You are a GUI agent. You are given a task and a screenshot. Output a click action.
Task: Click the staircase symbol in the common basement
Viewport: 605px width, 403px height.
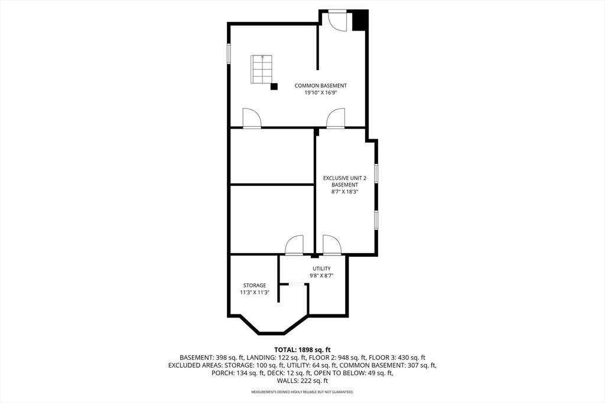262,70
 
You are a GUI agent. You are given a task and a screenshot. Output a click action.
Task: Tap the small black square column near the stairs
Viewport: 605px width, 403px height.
274,87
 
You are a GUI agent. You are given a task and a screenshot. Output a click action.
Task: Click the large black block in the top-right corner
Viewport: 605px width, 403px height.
360,21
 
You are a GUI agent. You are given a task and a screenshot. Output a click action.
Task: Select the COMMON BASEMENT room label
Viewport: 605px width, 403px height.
321,86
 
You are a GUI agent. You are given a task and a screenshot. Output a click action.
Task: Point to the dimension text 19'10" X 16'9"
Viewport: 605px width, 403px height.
321,93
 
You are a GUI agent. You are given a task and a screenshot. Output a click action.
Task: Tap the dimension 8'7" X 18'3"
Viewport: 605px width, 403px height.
344,192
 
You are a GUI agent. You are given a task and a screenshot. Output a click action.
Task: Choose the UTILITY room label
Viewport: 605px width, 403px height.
321,268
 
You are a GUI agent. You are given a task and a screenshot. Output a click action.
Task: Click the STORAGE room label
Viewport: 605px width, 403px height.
255,286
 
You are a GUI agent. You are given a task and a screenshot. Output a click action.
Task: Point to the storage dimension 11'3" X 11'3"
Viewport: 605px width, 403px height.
255,293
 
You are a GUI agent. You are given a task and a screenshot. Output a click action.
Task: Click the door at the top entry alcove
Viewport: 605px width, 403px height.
337,20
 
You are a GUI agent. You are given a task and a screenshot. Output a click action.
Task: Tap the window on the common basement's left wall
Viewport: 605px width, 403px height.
229,53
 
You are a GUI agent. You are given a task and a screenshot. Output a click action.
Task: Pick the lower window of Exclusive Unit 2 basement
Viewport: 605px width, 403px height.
376,219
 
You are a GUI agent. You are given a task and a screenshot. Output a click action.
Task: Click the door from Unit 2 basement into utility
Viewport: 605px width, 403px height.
331,245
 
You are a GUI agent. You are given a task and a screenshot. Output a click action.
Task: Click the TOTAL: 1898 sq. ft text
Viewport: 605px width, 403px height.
302,349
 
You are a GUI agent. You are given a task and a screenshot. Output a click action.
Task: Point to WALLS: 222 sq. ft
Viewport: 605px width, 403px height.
302,381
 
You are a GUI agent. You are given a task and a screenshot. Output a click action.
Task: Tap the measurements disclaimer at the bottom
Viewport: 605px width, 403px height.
302,392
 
